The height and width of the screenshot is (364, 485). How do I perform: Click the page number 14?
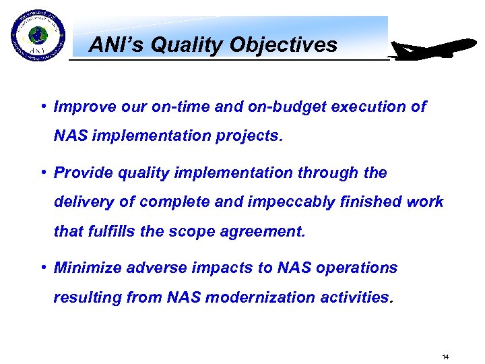tap(445, 357)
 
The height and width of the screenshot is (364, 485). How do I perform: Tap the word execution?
tap(366, 107)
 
